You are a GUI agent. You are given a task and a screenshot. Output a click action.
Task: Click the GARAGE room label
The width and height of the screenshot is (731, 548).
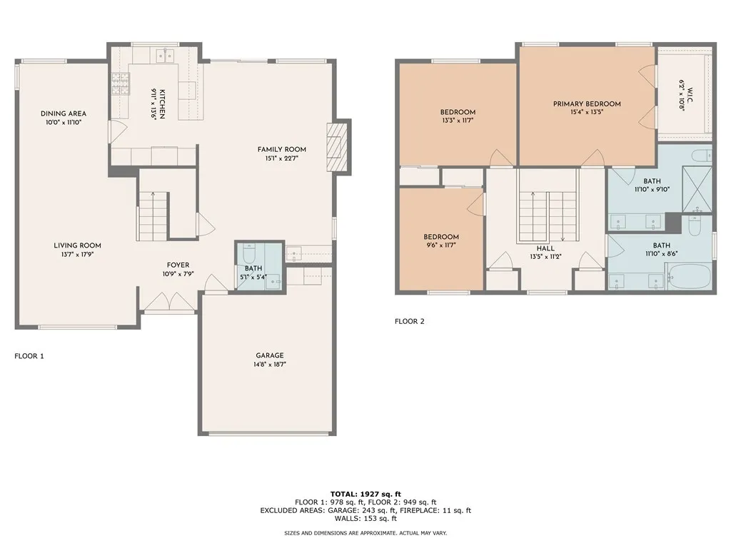270,355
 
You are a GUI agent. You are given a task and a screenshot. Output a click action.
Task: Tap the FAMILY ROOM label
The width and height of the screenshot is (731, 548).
282,149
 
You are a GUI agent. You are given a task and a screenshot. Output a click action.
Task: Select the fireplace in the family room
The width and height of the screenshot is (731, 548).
337,148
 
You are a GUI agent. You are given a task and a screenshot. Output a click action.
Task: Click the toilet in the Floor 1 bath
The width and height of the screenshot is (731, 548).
249,253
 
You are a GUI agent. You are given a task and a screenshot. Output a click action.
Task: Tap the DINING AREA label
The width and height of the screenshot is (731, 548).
64,113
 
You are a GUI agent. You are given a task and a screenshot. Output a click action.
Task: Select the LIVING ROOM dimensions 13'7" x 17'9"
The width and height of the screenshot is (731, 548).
77,254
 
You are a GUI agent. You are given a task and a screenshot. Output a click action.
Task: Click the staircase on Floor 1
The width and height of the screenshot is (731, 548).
153,216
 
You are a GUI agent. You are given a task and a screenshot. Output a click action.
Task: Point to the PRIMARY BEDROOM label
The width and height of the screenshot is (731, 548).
587,103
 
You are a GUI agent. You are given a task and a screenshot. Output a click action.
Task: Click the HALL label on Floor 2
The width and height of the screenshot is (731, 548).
546,248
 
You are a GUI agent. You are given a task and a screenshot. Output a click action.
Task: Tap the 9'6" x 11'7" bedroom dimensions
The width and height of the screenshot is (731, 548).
440,245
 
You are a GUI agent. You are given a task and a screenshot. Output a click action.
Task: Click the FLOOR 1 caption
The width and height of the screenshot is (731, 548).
29,355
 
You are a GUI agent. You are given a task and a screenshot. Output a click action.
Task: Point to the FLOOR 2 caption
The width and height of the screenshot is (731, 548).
410,321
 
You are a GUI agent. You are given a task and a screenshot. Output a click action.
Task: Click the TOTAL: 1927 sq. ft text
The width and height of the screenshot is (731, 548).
365,494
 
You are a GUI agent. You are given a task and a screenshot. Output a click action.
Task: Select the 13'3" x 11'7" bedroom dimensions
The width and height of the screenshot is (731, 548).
458,121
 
